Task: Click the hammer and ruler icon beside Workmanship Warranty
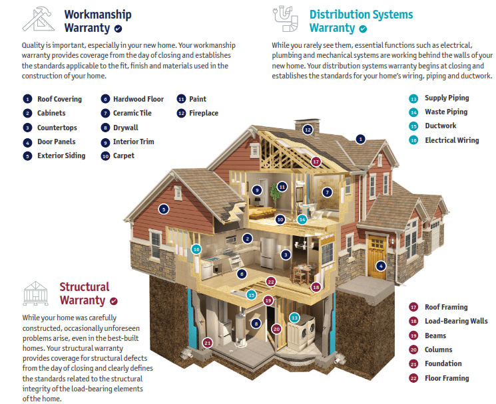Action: (37, 19)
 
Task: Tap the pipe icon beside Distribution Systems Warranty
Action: (286, 19)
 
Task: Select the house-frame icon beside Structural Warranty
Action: (35, 294)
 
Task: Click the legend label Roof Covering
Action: (59, 99)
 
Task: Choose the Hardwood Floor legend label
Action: (138, 99)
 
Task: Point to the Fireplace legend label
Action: (204, 113)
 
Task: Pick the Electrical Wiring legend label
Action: (451, 140)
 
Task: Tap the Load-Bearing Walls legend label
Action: (456, 321)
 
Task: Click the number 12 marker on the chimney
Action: (308, 130)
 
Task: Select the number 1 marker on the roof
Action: (360, 139)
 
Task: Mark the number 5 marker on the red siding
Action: (164, 209)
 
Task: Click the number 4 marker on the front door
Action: (381, 266)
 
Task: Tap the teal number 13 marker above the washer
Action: (294, 318)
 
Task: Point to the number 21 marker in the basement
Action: (207, 343)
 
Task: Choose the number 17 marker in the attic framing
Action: (316, 161)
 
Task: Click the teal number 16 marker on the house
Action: (196, 249)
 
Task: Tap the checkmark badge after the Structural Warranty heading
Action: (114, 301)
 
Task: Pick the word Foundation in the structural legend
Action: (443, 363)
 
